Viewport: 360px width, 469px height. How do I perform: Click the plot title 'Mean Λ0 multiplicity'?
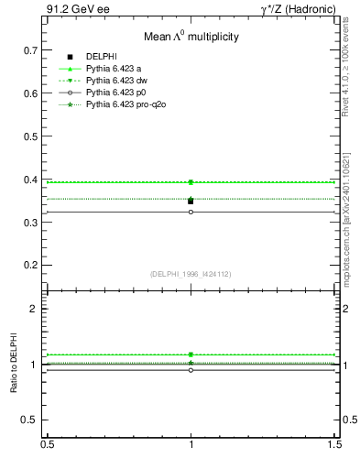(191, 38)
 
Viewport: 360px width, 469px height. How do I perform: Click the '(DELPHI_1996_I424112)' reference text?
(191, 274)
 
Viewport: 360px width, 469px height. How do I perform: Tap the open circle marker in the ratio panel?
(191, 370)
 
